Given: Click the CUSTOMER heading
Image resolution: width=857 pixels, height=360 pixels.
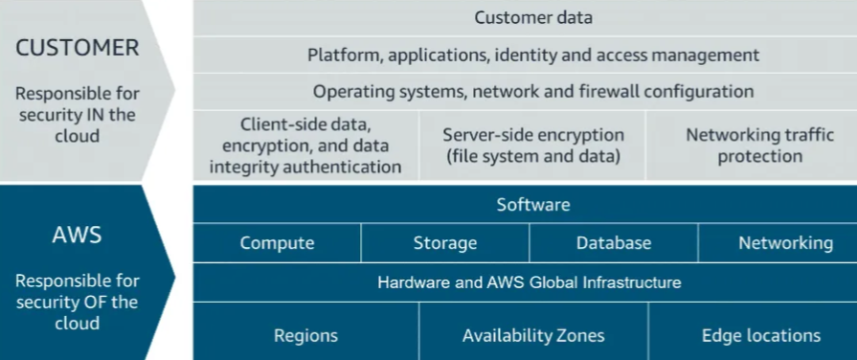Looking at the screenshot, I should click(x=77, y=48).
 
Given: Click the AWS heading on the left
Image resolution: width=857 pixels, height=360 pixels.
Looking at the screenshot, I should click(x=77, y=233).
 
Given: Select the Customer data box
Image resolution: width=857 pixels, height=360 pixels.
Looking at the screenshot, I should click(x=533, y=17).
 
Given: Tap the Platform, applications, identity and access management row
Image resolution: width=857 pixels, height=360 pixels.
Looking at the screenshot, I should click(x=533, y=55).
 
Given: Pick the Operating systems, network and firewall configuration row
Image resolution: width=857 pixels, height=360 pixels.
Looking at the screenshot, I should click(x=533, y=92).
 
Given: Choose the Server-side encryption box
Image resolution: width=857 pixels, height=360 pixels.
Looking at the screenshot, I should click(x=532, y=146).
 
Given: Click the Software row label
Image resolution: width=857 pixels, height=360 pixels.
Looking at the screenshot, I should click(x=533, y=205).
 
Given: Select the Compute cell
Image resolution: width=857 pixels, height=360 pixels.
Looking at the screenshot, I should click(x=277, y=243).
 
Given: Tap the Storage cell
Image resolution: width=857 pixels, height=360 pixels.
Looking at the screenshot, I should click(x=445, y=243).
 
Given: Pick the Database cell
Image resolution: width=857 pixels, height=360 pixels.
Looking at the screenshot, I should click(x=614, y=243).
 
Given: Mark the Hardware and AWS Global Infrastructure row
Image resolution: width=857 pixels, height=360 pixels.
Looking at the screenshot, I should click(x=530, y=282).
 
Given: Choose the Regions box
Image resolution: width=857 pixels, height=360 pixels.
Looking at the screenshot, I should click(x=305, y=335).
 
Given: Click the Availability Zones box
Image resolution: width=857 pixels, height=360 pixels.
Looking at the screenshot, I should click(x=533, y=335).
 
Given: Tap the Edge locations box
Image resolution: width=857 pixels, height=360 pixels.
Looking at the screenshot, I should click(x=761, y=335).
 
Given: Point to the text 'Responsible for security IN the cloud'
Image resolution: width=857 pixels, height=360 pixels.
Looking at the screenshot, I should click(x=77, y=115).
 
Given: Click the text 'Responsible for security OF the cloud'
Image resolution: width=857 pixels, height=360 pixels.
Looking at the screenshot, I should click(x=77, y=302).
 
